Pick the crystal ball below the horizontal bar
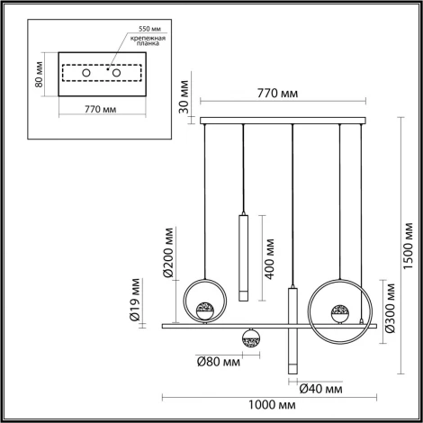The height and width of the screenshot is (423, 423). coord(249,338)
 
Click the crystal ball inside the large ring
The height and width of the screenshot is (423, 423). coord(340,312)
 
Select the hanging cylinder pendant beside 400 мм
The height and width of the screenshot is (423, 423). coord(243,256)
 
